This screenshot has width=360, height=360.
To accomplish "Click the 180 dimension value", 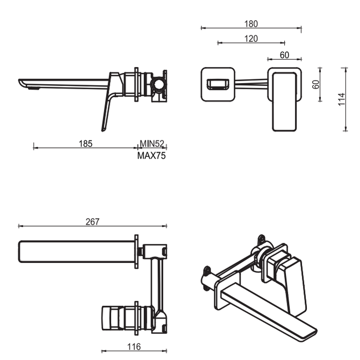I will pos(251,24).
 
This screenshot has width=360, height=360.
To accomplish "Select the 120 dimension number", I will pos(251,39).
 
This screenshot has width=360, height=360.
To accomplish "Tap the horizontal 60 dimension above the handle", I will pos(284,55).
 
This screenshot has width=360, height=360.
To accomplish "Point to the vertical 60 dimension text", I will pos(316,84).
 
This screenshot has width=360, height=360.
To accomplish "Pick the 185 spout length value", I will pos(85,143).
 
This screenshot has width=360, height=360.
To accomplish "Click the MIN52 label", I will pos(152,143).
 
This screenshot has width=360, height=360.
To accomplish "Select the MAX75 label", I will pos(152,156).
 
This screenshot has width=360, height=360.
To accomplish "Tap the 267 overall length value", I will pos(92,222).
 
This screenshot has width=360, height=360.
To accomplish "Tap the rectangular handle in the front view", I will pos(284,101).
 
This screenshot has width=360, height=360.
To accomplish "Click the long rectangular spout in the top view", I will pos(75,251).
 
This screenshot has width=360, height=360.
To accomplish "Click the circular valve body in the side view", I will pos(158,84).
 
